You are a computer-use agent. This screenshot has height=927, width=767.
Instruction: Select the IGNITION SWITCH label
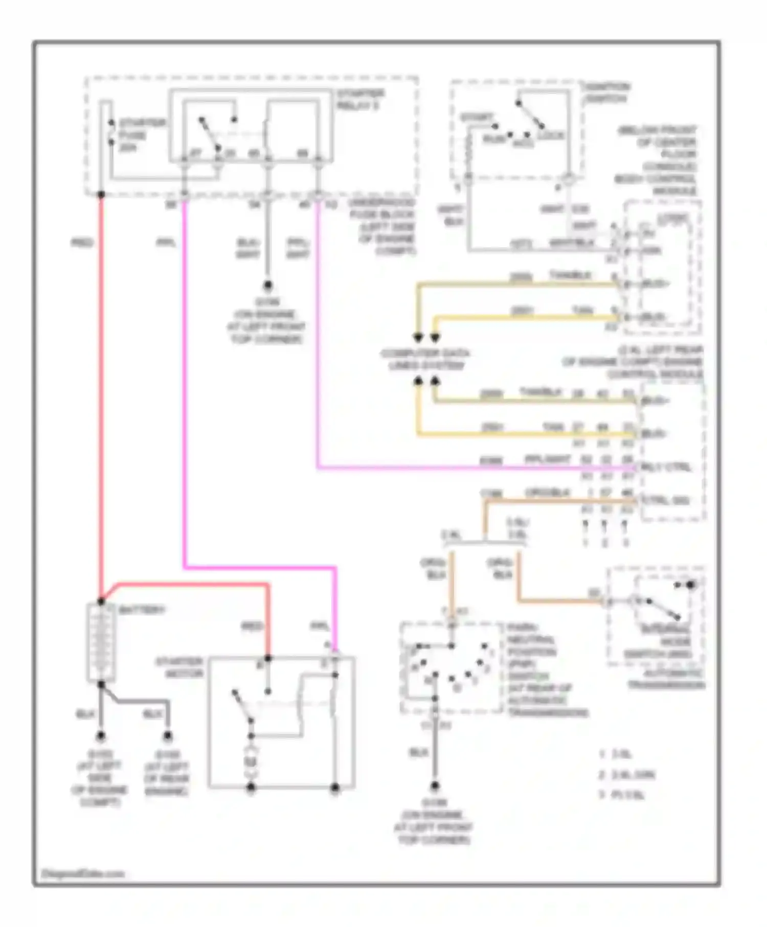607,93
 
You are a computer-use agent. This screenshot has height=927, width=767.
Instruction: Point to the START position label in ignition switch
476,118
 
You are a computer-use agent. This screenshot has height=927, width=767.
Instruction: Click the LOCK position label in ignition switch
551,135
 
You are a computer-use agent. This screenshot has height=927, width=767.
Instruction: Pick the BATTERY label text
142,610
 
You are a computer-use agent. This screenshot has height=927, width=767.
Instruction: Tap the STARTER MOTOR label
179,667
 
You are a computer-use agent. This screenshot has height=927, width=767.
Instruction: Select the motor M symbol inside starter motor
251,761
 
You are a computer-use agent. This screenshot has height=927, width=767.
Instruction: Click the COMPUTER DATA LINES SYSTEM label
425,359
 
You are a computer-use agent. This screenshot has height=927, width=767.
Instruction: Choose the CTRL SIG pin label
666,500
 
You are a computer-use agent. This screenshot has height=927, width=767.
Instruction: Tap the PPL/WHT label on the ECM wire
547,459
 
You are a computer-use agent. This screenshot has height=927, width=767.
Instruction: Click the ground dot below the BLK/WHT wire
267,285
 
